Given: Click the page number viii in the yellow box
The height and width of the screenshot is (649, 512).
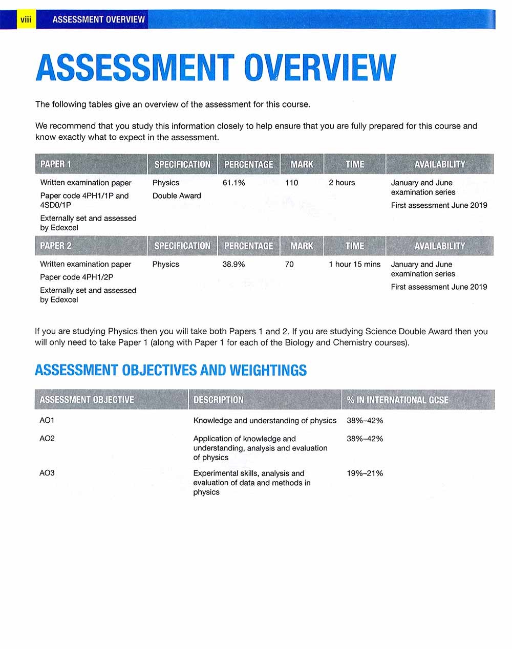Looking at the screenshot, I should click(x=26, y=19).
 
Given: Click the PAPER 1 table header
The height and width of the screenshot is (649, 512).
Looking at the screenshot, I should click(x=56, y=164).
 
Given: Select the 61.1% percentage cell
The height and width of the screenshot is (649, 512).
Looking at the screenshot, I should click(x=233, y=183).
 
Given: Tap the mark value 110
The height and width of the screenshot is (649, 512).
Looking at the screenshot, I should click(x=291, y=183).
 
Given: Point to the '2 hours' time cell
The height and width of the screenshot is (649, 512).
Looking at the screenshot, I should click(x=342, y=183).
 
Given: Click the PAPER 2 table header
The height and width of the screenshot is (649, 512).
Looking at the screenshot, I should click(x=56, y=246).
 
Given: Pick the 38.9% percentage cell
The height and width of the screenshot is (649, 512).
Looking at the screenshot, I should click(x=233, y=264).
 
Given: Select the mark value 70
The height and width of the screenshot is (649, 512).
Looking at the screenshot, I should click(x=289, y=264).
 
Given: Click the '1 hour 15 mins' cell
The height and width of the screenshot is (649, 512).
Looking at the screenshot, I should click(x=354, y=264).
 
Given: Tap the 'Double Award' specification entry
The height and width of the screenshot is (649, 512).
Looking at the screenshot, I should click(x=177, y=196).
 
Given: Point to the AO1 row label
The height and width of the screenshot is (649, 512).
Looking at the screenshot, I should click(x=47, y=420).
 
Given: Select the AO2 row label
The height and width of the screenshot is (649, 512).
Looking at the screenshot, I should click(x=47, y=439).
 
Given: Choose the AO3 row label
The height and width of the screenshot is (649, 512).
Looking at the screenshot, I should click(x=47, y=473).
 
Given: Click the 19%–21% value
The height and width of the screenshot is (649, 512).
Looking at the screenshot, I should click(x=365, y=473).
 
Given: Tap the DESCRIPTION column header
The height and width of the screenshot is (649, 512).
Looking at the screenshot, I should click(x=218, y=400).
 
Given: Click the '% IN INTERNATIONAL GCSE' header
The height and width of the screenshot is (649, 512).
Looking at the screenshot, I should click(x=397, y=400).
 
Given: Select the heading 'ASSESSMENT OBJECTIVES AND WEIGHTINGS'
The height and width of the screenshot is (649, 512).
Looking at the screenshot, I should click(x=170, y=370).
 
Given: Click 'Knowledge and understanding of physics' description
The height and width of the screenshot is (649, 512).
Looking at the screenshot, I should click(x=265, y=420).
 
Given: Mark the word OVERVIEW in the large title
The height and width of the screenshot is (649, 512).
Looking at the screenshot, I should click(x=320, y=68).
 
